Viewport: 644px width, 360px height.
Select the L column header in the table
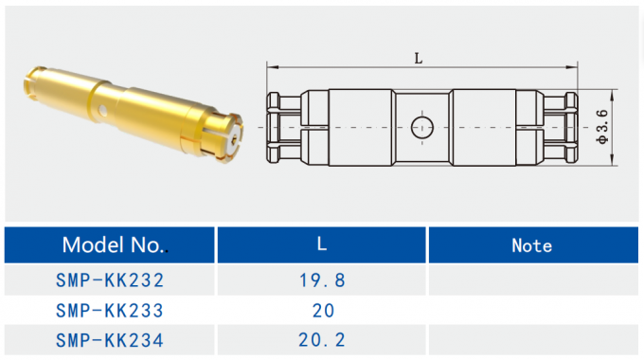coord(322,245)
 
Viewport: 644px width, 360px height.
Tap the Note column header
coord(531,245)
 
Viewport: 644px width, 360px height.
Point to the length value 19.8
coord(322,280)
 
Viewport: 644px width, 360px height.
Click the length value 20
coord(322,310)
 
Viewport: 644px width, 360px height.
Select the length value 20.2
coord(322,339)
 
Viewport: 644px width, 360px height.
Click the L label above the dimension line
coord(419,58)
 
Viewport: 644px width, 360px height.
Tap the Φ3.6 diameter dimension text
coord(602,126)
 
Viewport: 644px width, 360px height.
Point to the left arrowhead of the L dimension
coord(271,68)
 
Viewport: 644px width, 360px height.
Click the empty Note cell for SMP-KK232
coord(531,280)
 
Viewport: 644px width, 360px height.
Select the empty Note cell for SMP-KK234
coord(531,339)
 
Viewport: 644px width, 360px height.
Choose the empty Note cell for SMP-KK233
coord(531,310)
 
